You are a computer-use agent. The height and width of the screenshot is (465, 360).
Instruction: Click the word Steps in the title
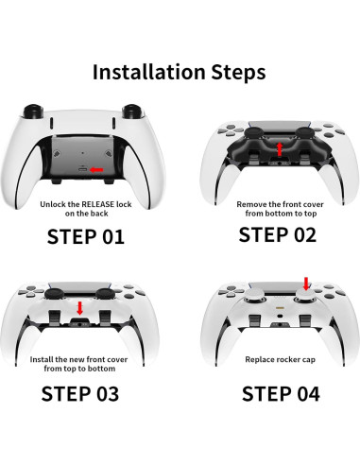tap(236, 72)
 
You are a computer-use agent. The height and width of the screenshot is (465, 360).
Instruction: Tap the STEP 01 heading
tap(86, 236)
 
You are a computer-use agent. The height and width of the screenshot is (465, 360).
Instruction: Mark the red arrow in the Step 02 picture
tap(279, 149)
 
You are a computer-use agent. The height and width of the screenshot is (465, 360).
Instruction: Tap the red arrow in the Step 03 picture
tap(81, 309)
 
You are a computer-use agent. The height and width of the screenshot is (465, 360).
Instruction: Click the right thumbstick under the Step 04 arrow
tap(305, 298)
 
